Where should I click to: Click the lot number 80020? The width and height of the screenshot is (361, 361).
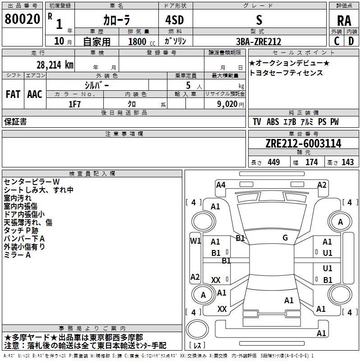[22, 19]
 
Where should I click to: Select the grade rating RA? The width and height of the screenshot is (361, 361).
[344, 21]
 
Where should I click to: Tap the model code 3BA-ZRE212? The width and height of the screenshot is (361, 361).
[259, 42]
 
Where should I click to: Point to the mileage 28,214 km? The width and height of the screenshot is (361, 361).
[55, 65]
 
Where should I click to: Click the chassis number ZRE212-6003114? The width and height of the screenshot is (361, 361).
[303, 143]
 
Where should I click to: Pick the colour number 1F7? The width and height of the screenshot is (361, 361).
[74, 104]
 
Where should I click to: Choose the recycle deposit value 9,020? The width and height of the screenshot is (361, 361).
[227, 104]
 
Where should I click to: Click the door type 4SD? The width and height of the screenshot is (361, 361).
[175, 20]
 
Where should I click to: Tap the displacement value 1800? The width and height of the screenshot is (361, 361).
[137, 42]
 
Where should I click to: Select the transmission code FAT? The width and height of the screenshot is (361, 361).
[13, 94]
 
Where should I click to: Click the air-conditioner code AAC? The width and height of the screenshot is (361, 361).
[35, 94]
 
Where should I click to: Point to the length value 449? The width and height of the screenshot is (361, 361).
[274, 162]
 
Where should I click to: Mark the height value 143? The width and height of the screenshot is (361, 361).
[347, 162]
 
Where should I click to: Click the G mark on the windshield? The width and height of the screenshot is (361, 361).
[285, 238]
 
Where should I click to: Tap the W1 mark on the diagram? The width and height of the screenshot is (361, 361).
[195, 241]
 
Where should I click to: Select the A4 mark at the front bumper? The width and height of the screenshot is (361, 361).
[221, 185]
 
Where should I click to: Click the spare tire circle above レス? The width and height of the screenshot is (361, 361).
[197, 329]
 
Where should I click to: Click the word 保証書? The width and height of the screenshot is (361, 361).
[15, 122]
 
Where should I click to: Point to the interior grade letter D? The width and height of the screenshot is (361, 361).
[351, 41]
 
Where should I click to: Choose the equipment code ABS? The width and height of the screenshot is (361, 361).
[273, 122]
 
